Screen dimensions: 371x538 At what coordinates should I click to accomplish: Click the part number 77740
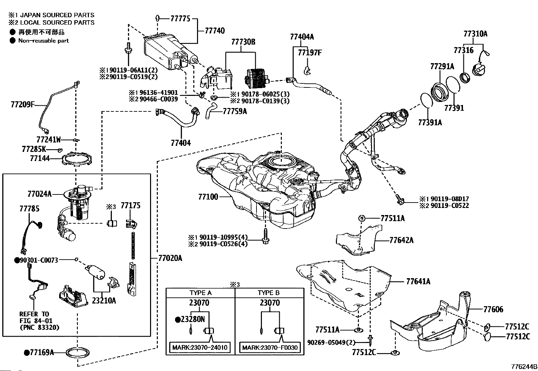pos(215,31)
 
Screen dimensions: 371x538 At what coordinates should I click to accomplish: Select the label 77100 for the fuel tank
pos(208,196)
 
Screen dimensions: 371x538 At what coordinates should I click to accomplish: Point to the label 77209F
pos(23,105)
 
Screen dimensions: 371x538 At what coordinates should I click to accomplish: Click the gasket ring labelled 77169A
pos(78,353)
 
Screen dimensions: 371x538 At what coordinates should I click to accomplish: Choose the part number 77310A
pos(475,34)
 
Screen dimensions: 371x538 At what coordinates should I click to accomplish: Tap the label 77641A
pos(418,281)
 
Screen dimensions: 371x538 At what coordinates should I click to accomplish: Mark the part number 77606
pos(493,309)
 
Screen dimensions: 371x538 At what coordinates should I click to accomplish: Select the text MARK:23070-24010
pos(200,347)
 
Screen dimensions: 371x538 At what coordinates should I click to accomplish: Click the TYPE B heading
pos(269,293)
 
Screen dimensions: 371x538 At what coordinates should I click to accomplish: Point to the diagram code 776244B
pos(524,367)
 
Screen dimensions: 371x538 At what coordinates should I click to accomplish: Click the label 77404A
pos(302,37)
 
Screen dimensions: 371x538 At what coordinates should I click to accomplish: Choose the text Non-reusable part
pos(44,41)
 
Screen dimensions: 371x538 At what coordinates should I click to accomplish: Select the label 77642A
pos(401,240)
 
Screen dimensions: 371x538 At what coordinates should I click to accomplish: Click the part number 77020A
pos(170,258)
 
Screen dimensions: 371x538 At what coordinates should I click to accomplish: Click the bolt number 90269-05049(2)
pos(332,342)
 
